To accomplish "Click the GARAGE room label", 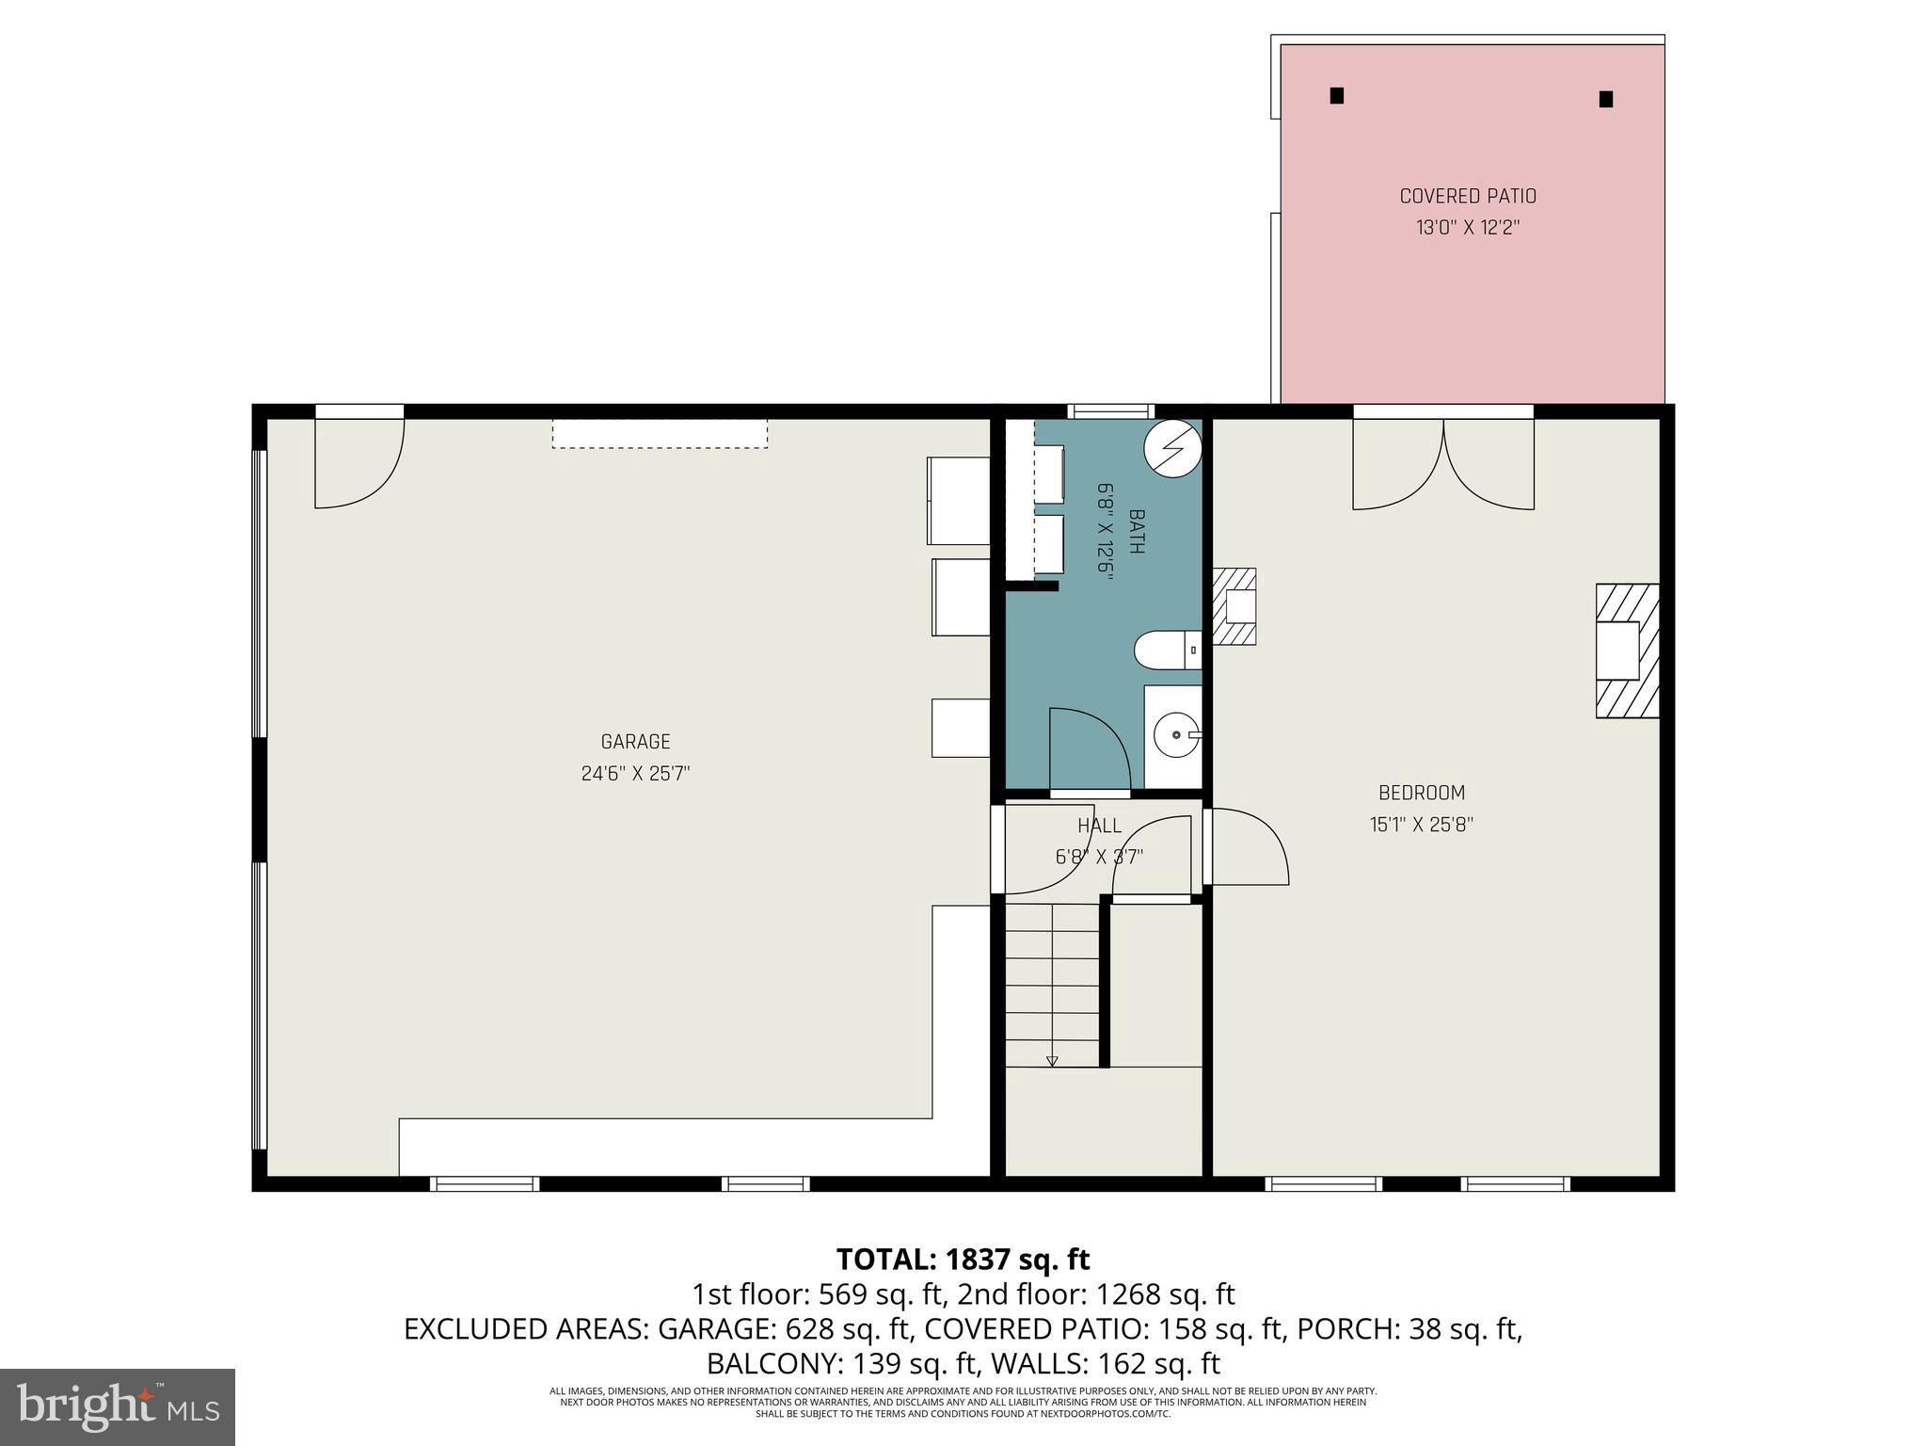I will [x=635, y=742].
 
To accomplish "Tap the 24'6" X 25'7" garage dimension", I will [x=635, y=774].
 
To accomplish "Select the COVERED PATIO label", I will [x=1468, y=197].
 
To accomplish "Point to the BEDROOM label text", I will [x=1422, y=793].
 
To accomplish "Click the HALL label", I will [x=1099, y=826].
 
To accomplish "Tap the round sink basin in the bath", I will [x=1175, y=734].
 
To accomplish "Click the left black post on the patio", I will [x=1336, y=95].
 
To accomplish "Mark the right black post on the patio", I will [x=1606, y=99].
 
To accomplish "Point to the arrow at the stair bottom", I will [x=1052, y=1061].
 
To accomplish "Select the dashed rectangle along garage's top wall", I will [x=660, y=433].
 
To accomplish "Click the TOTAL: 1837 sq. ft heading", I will [x=963, y=1259].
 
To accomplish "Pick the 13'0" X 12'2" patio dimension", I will [x=1468, y=228].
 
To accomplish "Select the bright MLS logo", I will [x=118, y=1406].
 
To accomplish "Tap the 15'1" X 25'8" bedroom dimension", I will [x=1421, y=825].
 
